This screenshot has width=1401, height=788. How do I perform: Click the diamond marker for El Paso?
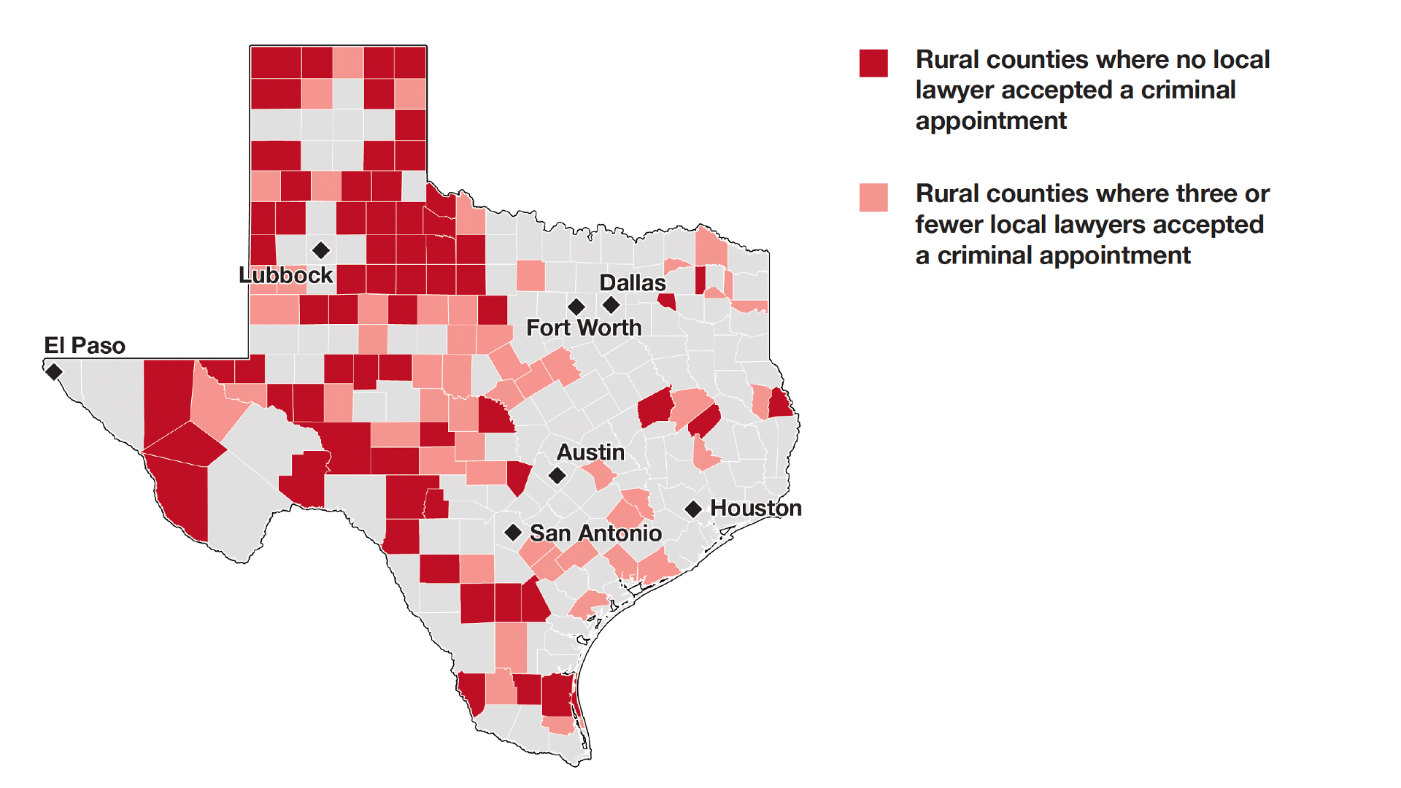coord(53,372)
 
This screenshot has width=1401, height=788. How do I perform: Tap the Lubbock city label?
coord(285,275)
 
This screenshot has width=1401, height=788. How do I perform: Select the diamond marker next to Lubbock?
coord(320,250)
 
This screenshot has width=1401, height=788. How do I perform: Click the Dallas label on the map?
coord(632,283)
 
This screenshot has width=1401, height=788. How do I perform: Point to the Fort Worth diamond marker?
coord(576,306)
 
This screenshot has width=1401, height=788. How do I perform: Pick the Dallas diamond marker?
coord(611,304)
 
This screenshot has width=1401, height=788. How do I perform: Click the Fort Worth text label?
coord(584,328)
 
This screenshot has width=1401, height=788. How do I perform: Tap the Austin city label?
coord(590,452)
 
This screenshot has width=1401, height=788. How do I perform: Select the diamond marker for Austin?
coord(557,476)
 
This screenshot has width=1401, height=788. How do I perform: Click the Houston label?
coord(755,508)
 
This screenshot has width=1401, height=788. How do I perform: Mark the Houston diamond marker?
coord(693,509)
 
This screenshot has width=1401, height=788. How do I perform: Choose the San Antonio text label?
coord(595,533)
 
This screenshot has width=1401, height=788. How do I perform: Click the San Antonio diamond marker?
coord(513,533)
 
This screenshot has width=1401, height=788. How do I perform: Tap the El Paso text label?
coord(85,345)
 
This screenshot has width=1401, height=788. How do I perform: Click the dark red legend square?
coord(873,63)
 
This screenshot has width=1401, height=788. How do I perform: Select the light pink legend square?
coord(873,197)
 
